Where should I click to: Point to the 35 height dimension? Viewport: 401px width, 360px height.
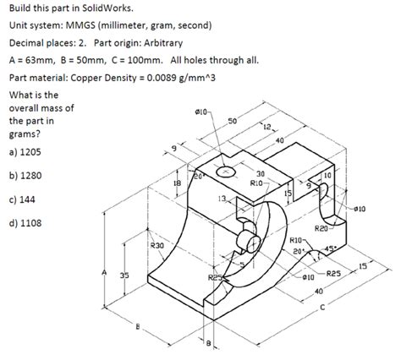(x=124, y=275)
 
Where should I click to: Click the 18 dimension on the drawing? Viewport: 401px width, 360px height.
(x=177, y=182)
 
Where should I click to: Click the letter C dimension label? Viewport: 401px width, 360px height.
(x=321, y=307)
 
